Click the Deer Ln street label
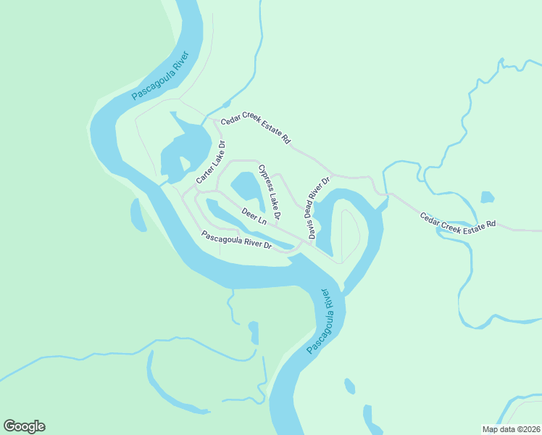(x=254, y=216)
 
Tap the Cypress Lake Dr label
(x=269, y=193)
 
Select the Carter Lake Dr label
(x=212, y=162)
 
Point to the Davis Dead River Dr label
(x=318, y=208)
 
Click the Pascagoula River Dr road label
(x=236, y=240)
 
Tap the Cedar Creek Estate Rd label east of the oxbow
(x=458, y=219)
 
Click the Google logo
(x=24, y=426)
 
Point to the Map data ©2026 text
(x=510, y=428)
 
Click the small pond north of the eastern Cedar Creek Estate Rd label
(x=487, y=197)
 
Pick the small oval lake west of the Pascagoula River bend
(x=138, y=215)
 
